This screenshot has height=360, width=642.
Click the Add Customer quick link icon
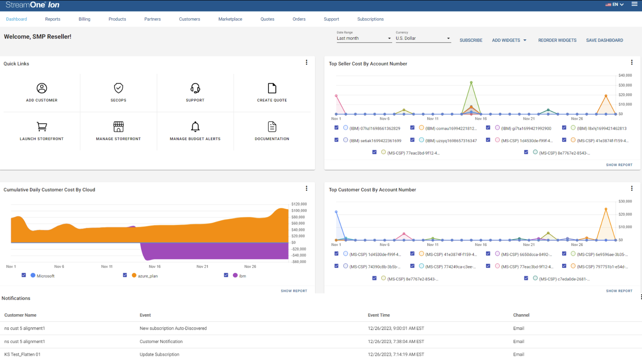click(42, 88)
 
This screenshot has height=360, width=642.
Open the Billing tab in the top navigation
click(84, 19)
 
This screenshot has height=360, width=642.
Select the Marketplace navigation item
click(230, 19)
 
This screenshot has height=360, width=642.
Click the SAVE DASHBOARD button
click(604, 40)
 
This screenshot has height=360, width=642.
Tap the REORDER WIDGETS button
click(557, 40)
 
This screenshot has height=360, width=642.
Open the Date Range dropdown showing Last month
click(363, 39)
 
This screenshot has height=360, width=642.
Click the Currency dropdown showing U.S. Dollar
click(423, 39)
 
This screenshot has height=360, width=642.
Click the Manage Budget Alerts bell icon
click(195, 127)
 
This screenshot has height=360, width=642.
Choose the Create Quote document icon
click(272, 88)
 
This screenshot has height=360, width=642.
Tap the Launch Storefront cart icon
click(42, 127)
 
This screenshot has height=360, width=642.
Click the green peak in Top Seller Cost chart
click(471, 82)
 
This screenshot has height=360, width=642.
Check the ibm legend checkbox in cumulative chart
click(226, 275)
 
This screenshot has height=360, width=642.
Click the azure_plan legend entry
click(147, 276)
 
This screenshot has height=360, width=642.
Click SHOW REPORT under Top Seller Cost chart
click(619, 165)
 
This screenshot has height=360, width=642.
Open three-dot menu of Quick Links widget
click(307, 63)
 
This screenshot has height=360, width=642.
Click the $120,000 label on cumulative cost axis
click(299, 204)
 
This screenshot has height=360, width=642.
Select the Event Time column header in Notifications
click(378, 315)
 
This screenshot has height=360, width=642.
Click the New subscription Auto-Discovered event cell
click(173, 328)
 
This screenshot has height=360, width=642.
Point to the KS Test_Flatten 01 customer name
click(22, 354)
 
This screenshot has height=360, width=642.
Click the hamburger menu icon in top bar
click(634, 4)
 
